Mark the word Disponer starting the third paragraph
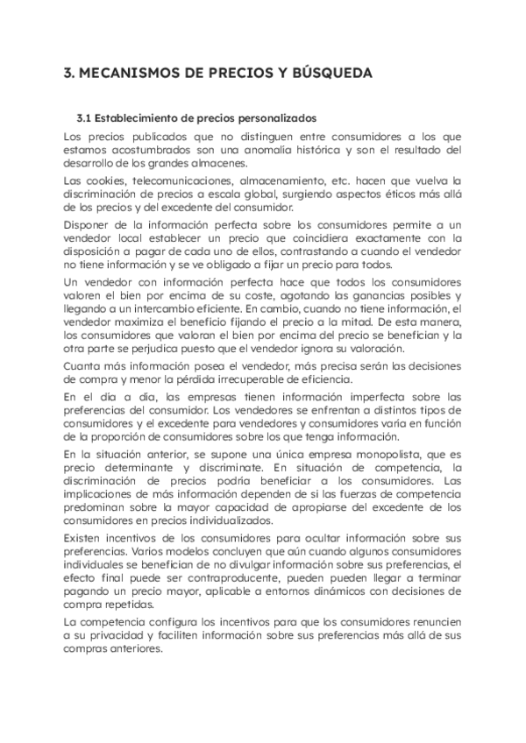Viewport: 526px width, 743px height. (87, 224)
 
